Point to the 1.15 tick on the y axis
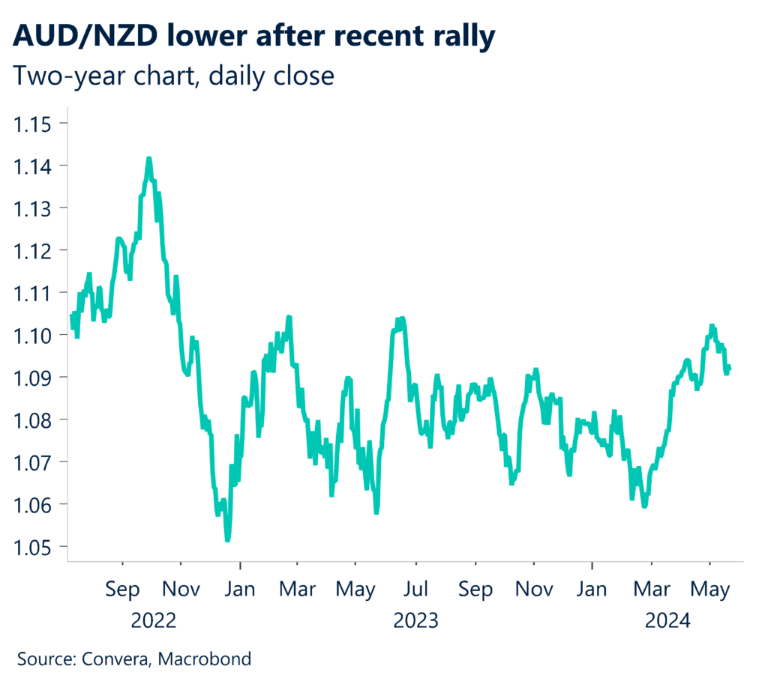coord(36,123)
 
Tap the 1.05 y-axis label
coord(36,547)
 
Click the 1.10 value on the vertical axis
coord(36,335)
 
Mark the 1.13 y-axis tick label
coord(36,208)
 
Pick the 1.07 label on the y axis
coord(36,462)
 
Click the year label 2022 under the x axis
coord(153,620)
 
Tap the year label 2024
coord(667,620)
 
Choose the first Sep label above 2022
coord(122,590)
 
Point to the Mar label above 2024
coord(652,590)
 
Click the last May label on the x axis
coord(710,590)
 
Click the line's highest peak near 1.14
coord(148,159)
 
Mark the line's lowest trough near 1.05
coord(227,539)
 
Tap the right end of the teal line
coord(730,367)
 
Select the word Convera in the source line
coord(116,659)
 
